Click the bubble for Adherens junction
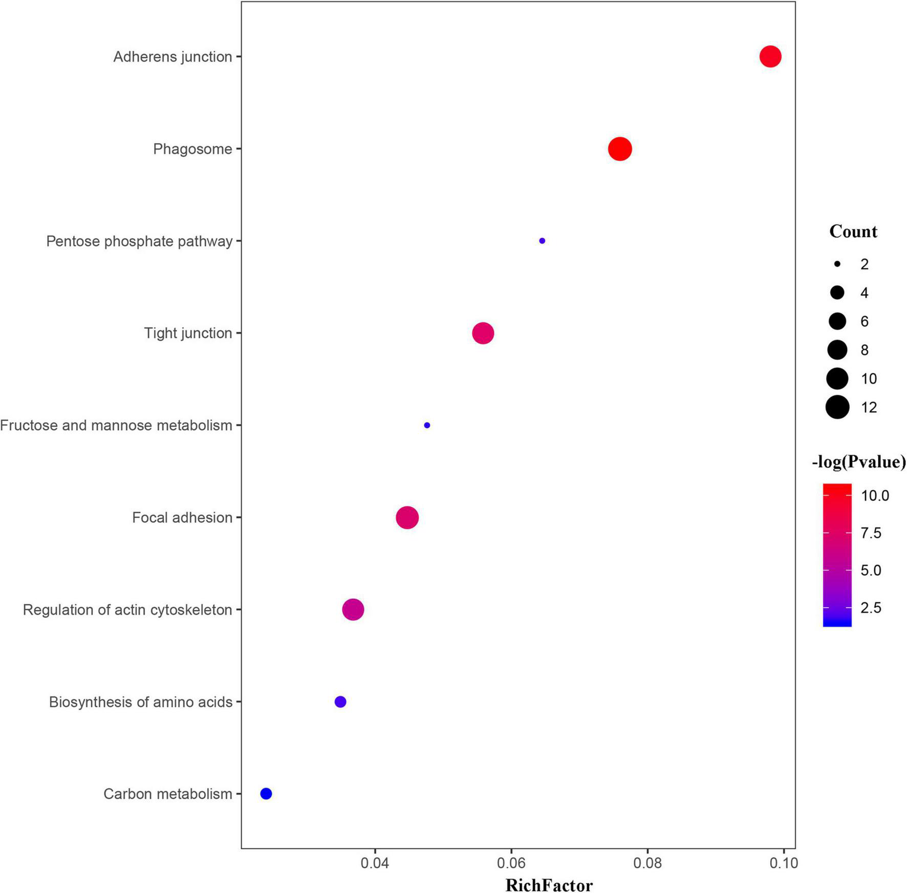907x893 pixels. point(770,56)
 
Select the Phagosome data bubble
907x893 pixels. point(620,149)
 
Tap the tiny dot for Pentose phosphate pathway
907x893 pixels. point(542,241)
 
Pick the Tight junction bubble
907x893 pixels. point(483,333)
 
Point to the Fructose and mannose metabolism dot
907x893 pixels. point(427,425)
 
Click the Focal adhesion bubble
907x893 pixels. point(407,518)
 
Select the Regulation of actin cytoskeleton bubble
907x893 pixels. point(353,609)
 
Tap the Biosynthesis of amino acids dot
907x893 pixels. point(340,701)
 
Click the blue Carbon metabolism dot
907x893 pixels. point(266,794)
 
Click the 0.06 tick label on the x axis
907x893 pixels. point(511,863)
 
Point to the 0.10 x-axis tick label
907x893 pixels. point(783,863)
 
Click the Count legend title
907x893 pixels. point(853,231)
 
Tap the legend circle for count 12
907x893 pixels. point(837,407)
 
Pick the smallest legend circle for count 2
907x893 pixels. point(837,264)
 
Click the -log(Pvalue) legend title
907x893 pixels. point(858,462)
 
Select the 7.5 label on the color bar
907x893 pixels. point(871,533)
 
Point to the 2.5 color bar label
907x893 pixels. point(871,608)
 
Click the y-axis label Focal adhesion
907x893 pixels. point(182,518)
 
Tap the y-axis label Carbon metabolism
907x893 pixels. point(168,794)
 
